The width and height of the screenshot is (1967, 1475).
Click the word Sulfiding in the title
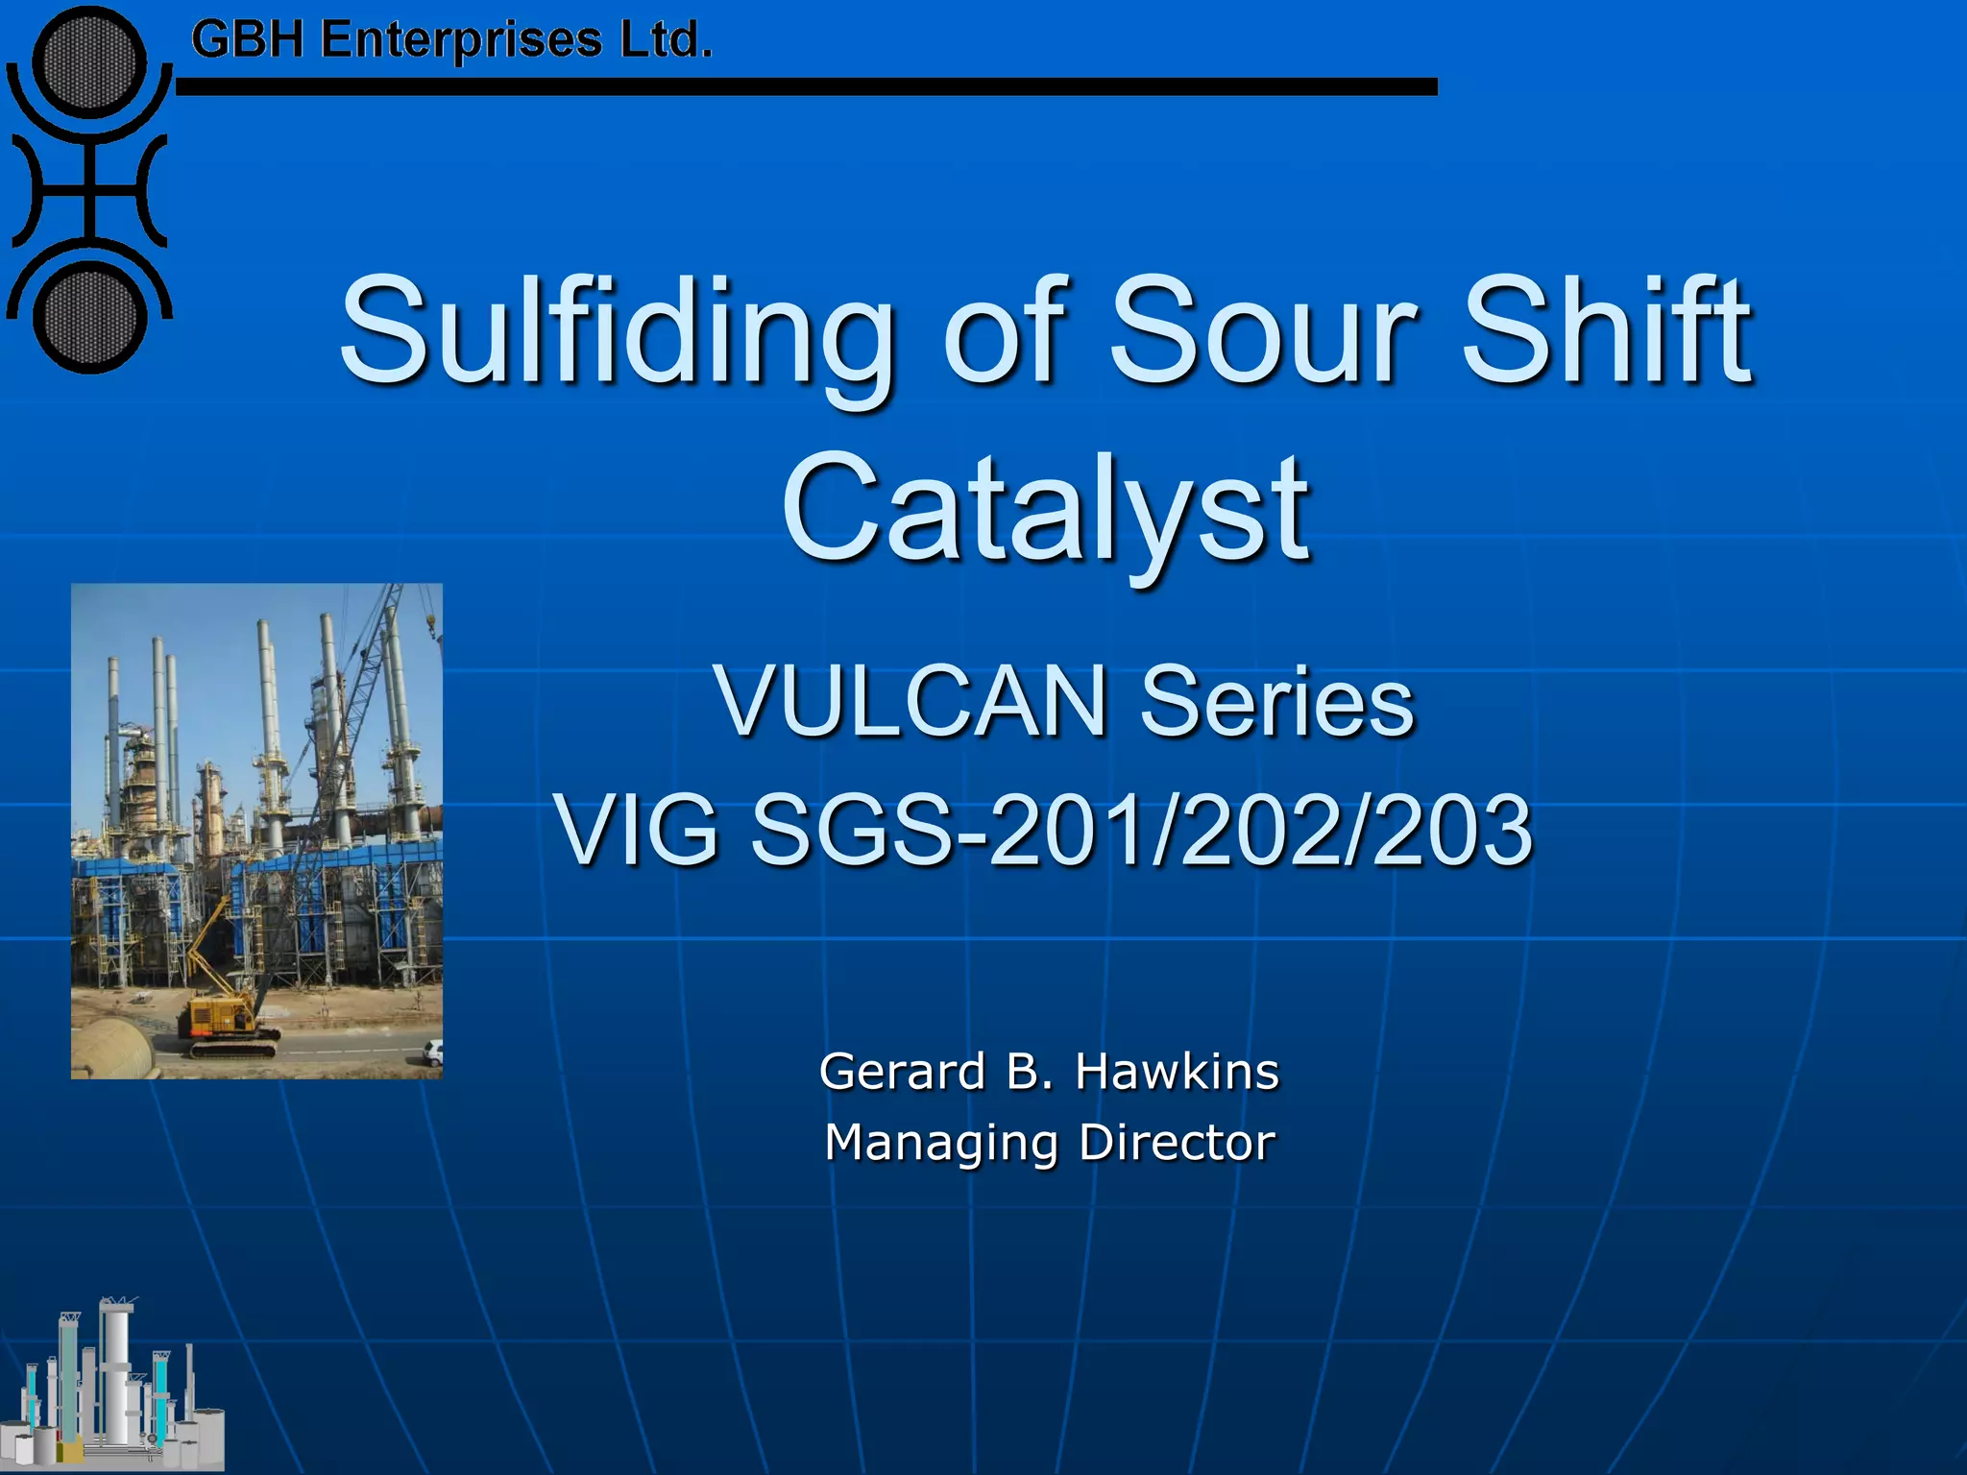(x=615, y=331)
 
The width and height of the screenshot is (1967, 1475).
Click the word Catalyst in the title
(x=1044, y=509)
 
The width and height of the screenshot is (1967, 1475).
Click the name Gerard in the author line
(x=903, y=1072)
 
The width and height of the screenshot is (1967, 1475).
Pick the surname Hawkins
(x=1178, y=1072)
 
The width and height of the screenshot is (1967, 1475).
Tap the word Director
(x=1177, y=1143)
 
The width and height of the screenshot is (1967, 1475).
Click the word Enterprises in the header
(x=461, y=40)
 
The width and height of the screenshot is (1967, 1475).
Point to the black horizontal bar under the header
(x=807, y=87)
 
